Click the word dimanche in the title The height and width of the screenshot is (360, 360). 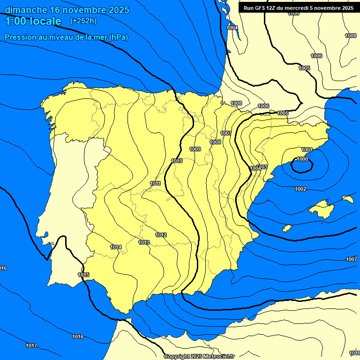[25, 10]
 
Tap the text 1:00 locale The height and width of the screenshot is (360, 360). [33, 21]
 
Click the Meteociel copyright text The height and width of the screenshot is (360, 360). [199, 356]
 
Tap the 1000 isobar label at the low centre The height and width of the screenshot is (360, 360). [302, 159]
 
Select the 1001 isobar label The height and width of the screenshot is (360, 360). [307, 150]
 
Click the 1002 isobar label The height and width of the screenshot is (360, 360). [300, 189]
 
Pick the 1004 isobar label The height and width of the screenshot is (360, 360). [232, 28]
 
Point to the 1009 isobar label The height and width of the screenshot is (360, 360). [195, 149]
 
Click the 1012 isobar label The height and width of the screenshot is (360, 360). [161, 235]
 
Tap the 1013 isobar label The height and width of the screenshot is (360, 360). [144, 242]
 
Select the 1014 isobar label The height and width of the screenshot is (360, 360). [116, 247]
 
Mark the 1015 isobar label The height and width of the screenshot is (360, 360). [83, 275]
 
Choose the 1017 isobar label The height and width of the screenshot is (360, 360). [31, 345]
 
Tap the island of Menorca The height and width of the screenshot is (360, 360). [347, 199]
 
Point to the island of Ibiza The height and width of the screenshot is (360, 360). [287, 228]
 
